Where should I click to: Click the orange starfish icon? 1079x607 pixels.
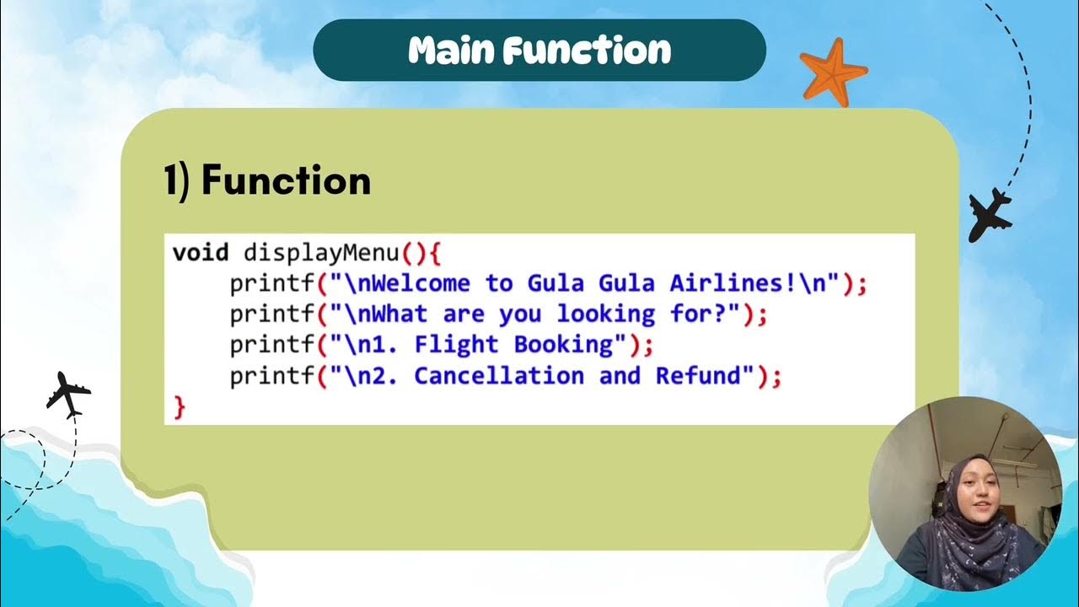click(x=833, y=71)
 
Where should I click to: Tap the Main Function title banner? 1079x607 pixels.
click(x=539, y=51)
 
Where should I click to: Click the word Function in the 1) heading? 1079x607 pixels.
click(x=286, y=180)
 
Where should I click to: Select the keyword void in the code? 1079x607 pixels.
click(x=201, y=252)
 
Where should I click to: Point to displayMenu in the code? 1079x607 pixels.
click(x=321, y=252)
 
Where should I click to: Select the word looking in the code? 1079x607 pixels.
click(x=605, y=314)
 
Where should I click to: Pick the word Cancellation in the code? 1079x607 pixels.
click(x=499, y=376)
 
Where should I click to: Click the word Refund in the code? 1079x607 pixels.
click(x=699, y=376)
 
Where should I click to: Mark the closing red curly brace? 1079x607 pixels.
click(x=179, y=407)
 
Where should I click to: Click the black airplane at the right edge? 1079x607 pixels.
click(x=990, y=214)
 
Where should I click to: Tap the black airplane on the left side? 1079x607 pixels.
click(x=68, y=394)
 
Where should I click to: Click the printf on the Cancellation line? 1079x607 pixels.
click(x=272, y=376)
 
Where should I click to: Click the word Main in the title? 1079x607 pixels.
click(x=455, y=51)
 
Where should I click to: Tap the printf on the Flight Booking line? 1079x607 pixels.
click(x=272, y=345)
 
